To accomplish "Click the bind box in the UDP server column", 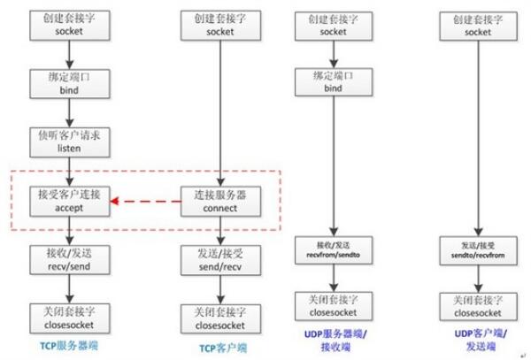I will coord(334,83).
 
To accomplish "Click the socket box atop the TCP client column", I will coord(219,24).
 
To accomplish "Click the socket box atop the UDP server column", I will coord(334,24).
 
